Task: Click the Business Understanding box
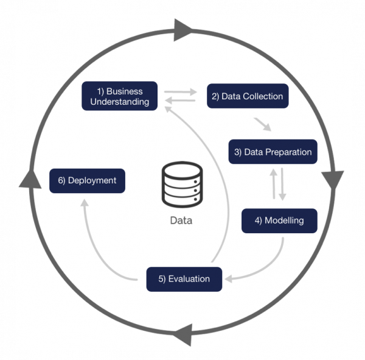[x=120, y=96]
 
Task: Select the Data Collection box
[x=247, y=96]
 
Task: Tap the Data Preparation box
[x=273, y=152]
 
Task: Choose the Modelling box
[x=279, y=221]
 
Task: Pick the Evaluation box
[x=184, y=279]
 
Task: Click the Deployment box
[x=87, y=181]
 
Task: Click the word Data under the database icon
[x=181, y=221]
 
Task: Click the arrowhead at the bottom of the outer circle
[x=183, y=334]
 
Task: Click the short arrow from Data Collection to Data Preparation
[x=263, y=125]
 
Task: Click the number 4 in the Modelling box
[x=258, y=221]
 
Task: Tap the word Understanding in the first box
[x=120, y=102]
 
